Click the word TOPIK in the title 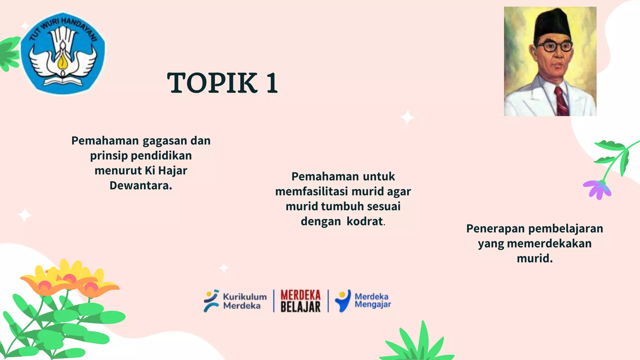pos(212,83)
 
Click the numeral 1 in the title pos(272,83)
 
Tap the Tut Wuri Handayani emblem pos(63,53)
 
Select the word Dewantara pos(141,186)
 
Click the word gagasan pos(165,141)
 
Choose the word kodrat pos(365,221)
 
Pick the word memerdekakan pos(549,243)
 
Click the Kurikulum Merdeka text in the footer pos(245,301)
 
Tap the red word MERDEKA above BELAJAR pos(300,295)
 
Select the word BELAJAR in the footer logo pos(300,307)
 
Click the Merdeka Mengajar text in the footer pos(372,300)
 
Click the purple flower pos(597,189)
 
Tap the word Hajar pos(172,171)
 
